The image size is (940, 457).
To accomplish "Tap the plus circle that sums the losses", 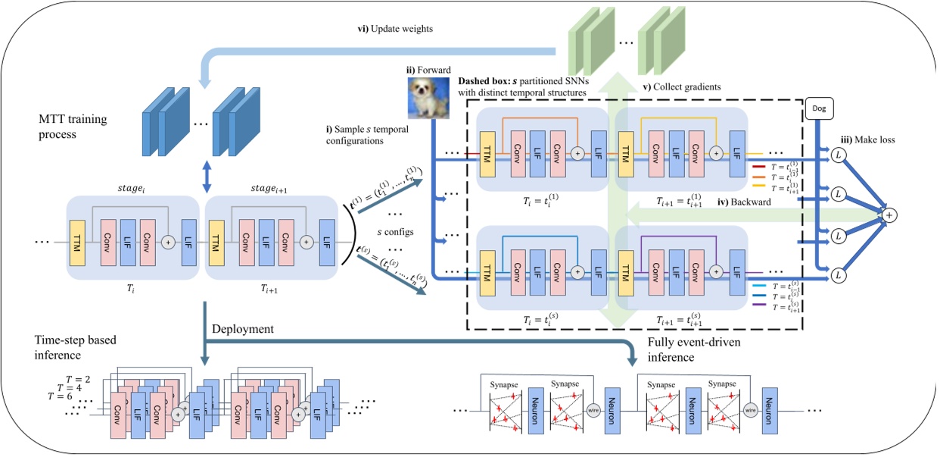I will [x=890, y=216].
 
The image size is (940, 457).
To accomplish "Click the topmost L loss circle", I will [x=838, y=155].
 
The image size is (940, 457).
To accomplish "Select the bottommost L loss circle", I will [x=838, y=277].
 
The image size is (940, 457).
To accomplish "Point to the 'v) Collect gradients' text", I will [x=681, y=86].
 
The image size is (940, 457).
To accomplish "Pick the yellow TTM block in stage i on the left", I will [x=77, y=242].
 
